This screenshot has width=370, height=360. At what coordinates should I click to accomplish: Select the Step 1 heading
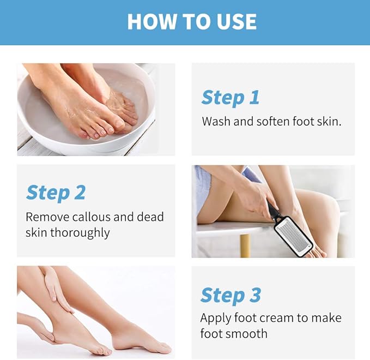tap(231, 98)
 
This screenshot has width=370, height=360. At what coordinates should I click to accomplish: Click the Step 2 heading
tap(56, 193)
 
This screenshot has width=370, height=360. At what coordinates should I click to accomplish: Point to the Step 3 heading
tap(231, 296)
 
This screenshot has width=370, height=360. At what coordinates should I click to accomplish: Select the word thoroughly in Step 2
tap(80, 233)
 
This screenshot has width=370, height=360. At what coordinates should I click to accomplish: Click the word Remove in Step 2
tap(47, 217)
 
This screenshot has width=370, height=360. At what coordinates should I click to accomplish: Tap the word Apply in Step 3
tap(216, 319)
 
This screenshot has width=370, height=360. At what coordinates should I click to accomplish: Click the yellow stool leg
tap(245, 245)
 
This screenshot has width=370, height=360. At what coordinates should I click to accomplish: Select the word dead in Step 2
tap(150, 217)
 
